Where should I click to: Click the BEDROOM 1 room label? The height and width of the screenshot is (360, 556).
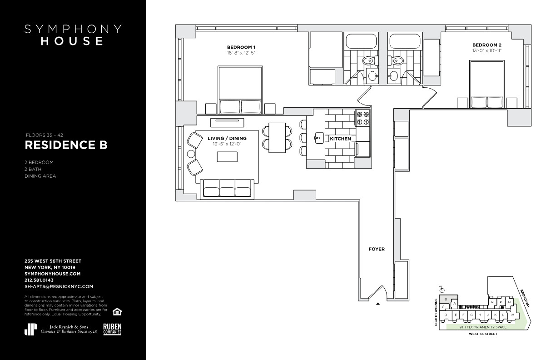pos(241,47)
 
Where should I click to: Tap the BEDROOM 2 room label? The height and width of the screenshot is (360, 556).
pos(487,45)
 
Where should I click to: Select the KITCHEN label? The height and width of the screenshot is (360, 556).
pos(340,139)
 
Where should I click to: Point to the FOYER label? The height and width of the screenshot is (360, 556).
pos(377,249)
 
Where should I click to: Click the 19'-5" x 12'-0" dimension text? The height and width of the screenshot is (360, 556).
pos(227,144)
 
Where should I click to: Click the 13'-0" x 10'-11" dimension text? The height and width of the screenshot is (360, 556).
pos(487,51)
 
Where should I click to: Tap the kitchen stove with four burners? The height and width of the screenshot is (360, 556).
pos(362,118)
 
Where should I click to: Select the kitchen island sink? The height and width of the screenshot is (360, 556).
pos(319,138)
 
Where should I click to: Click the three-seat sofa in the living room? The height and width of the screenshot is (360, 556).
pos(227,189)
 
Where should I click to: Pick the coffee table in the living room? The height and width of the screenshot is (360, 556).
pos(227,157)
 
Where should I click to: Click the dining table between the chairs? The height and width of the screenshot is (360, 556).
pos(277,138)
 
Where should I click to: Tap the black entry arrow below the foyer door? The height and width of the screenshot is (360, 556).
pos(378,304)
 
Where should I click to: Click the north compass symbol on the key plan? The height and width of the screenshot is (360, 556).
pos(442,290)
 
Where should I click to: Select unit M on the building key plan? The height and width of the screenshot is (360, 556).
pos(512,315)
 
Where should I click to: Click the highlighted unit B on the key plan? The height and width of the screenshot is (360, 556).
pos(448,299)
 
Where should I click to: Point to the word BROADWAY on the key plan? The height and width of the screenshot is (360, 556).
pos(525,298)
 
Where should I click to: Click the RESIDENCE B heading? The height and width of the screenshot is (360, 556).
pos(66,145)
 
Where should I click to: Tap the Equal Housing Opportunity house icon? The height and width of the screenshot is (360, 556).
pos(117,311)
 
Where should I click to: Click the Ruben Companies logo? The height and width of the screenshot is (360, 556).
pos(112,329)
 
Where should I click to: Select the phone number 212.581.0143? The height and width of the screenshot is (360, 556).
pos(39,280)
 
